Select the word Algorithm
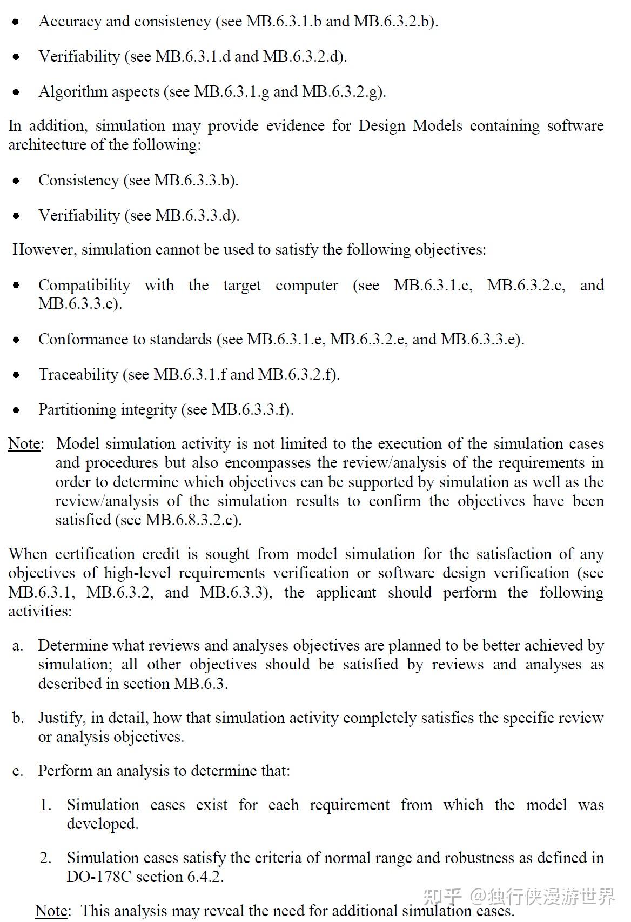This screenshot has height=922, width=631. click(x=72, y=92)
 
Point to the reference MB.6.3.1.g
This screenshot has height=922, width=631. click(x=232, y=92)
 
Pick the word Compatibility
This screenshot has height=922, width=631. click(x=84, y=286)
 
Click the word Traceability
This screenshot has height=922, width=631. click(x=78, y=375)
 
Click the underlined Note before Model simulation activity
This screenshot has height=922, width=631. click(x=24, y=444)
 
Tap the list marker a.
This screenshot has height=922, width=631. click(x=17, y=646)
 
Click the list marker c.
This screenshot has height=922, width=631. click(x=17, y=771)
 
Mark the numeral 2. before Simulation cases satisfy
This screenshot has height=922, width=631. click(x=45, y=858)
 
